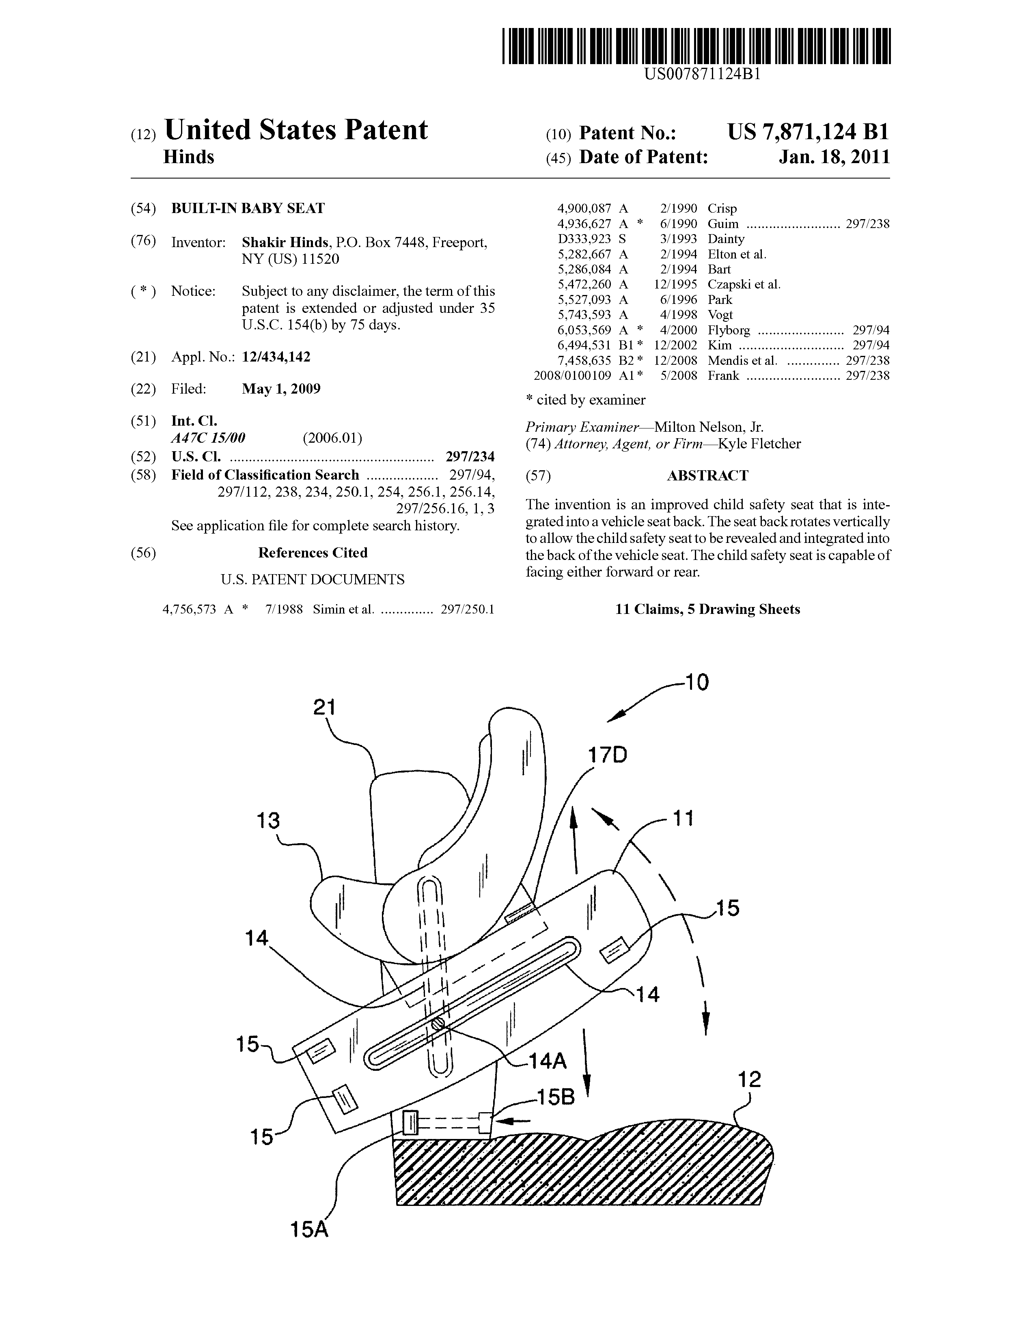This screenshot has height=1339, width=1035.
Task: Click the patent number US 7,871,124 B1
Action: pyautogui.click(x=808, y=132)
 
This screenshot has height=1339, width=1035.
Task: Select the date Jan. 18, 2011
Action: pyautogui.click(x=834, y=157)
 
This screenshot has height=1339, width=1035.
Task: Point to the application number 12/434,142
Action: pyautogui.click(x=276, y=357)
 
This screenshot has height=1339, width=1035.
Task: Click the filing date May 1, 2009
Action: pyautogui.click(x=281, y=389)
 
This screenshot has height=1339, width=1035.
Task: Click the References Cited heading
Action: pyautogui.click(x=313, y=552)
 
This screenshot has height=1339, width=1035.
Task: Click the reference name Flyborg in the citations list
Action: pyautogui.click(x=729, y=330)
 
